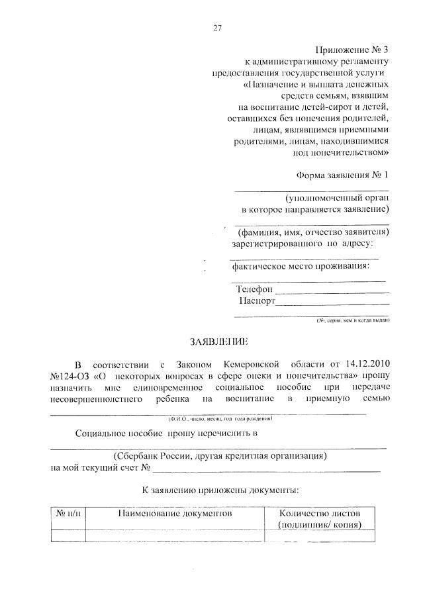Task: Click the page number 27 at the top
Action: pos(217,28)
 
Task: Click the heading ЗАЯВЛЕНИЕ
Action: pos(218,342)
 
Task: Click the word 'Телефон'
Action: pos(254,289)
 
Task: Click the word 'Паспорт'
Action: pos(257,301)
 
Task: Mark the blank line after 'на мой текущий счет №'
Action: pos(267,471)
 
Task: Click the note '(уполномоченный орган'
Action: pos(337,198)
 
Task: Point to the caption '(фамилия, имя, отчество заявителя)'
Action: pos(311,232)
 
